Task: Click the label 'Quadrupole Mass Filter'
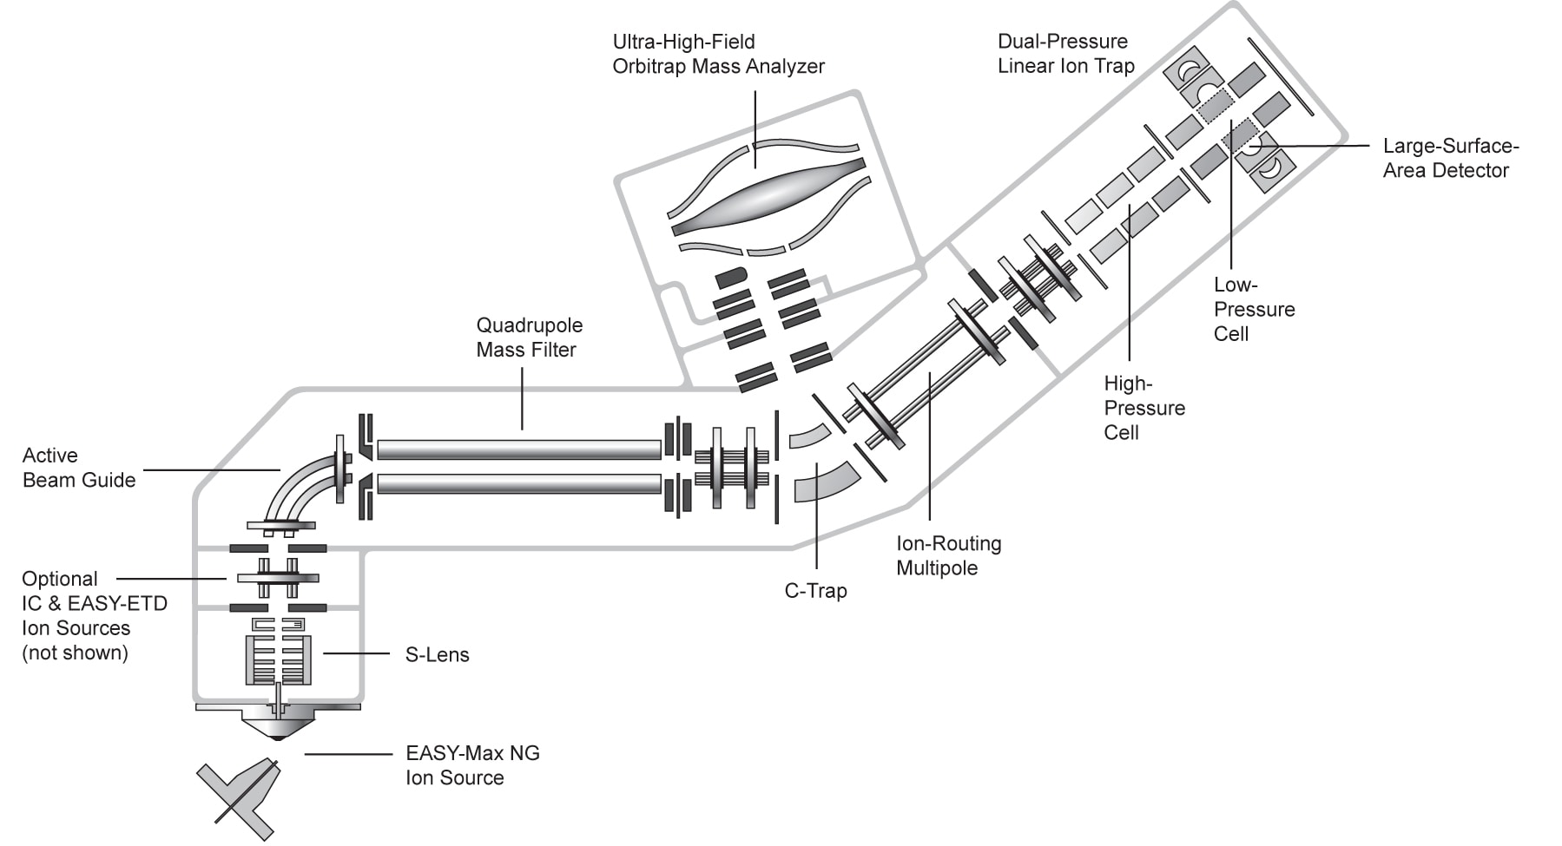[x=529, y=338]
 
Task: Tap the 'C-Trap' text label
[x=815, y=591]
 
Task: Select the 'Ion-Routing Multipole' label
[x=948, y=556]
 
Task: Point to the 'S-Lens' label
[x=437, y=655]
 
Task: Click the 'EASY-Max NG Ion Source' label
[x=472, y=765]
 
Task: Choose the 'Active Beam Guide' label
[x=78, y=468]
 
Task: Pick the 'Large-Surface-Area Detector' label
[x=1450, y=158]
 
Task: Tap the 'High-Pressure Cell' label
[x=1143, y=408]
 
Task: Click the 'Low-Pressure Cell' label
[x=1254, y=309]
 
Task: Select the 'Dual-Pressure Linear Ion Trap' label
[x=1065, y=54]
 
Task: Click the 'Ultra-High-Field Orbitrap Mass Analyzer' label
[x=718, y=54]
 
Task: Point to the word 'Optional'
[x=59, y=579]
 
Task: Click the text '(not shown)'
[x=75, y=653]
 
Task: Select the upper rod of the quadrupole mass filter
[x=518, y=449]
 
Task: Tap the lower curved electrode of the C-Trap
[x=825, y=481]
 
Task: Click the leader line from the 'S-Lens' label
[x=356, y=653]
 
